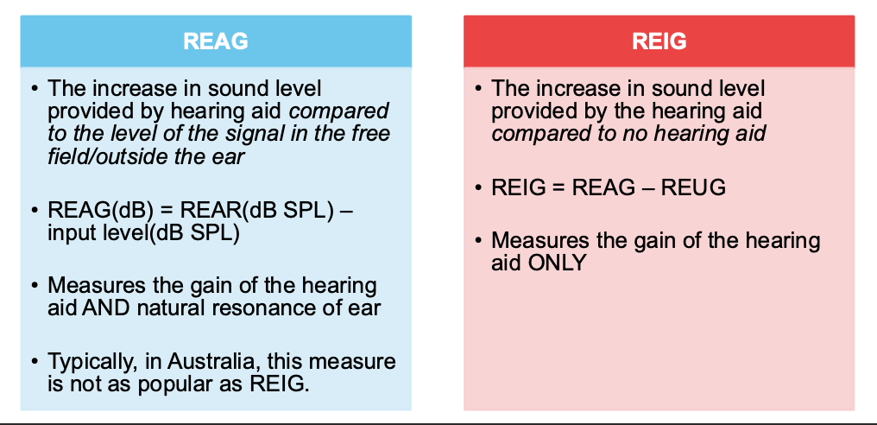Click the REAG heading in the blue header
(x=216, y=41)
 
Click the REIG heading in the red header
(x=659, y=41)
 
